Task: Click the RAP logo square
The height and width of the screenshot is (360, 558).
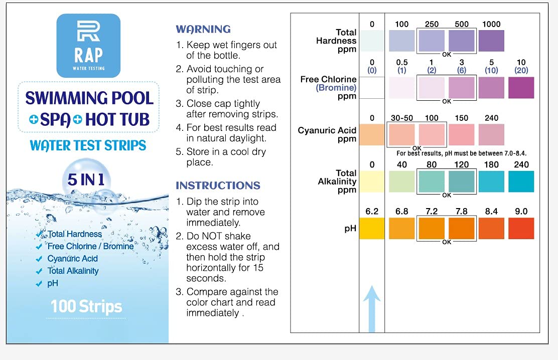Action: coord(88,45)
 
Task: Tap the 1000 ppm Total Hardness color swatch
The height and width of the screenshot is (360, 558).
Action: coord(491,41)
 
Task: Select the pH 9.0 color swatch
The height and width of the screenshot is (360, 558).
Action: coord(521,228)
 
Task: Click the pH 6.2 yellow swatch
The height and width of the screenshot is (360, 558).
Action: coord(371,228)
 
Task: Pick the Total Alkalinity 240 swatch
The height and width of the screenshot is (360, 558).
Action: coord(521,182)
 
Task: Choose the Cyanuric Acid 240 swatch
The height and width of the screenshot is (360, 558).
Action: coord(491,134)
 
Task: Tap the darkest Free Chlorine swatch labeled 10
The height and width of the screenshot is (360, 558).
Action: coord(521,88)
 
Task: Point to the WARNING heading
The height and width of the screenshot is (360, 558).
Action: coord(203,29)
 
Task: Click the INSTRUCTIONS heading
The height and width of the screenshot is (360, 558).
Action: coord(218,186)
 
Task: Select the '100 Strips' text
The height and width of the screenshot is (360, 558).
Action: coord(86,306)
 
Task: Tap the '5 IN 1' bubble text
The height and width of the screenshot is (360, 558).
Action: coord(86,179)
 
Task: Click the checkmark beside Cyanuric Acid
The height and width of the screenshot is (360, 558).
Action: coord(39,259)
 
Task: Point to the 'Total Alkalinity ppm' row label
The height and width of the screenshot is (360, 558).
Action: coord(337,181)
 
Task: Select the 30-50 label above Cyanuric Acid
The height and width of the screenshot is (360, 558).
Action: coord(401,118)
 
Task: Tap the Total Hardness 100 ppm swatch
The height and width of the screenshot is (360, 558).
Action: coord(401,41)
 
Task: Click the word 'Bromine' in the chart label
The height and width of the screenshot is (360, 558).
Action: coord(336,88)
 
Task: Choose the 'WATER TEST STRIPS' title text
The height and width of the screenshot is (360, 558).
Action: coord(88,145)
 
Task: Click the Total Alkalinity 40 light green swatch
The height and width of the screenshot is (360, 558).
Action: coord(401,182)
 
